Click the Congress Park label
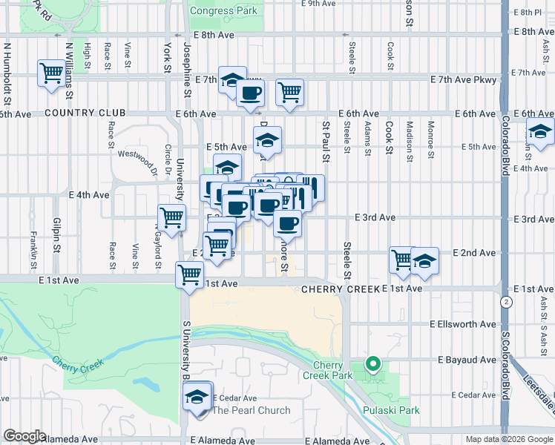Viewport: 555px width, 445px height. tap(223, 10)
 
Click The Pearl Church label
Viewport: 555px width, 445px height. tap(252, 410)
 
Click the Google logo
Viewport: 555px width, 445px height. tap(24, 436)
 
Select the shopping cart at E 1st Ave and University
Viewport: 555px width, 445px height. tap(189, 274)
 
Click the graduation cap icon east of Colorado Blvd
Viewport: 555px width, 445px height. tap(540, 133)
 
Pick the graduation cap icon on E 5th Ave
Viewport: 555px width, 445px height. tap(268, 139)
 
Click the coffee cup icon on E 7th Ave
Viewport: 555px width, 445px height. tap(250, 94)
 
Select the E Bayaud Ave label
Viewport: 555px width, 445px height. tap(467, 359)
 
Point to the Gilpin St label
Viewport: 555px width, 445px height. tap(56, 231)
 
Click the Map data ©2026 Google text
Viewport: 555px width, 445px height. tap(508, 439)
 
